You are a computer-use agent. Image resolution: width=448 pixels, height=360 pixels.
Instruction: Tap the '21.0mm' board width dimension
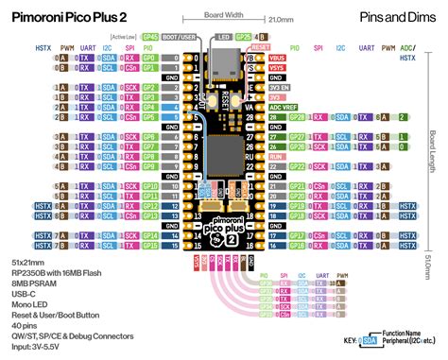(281, 18)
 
